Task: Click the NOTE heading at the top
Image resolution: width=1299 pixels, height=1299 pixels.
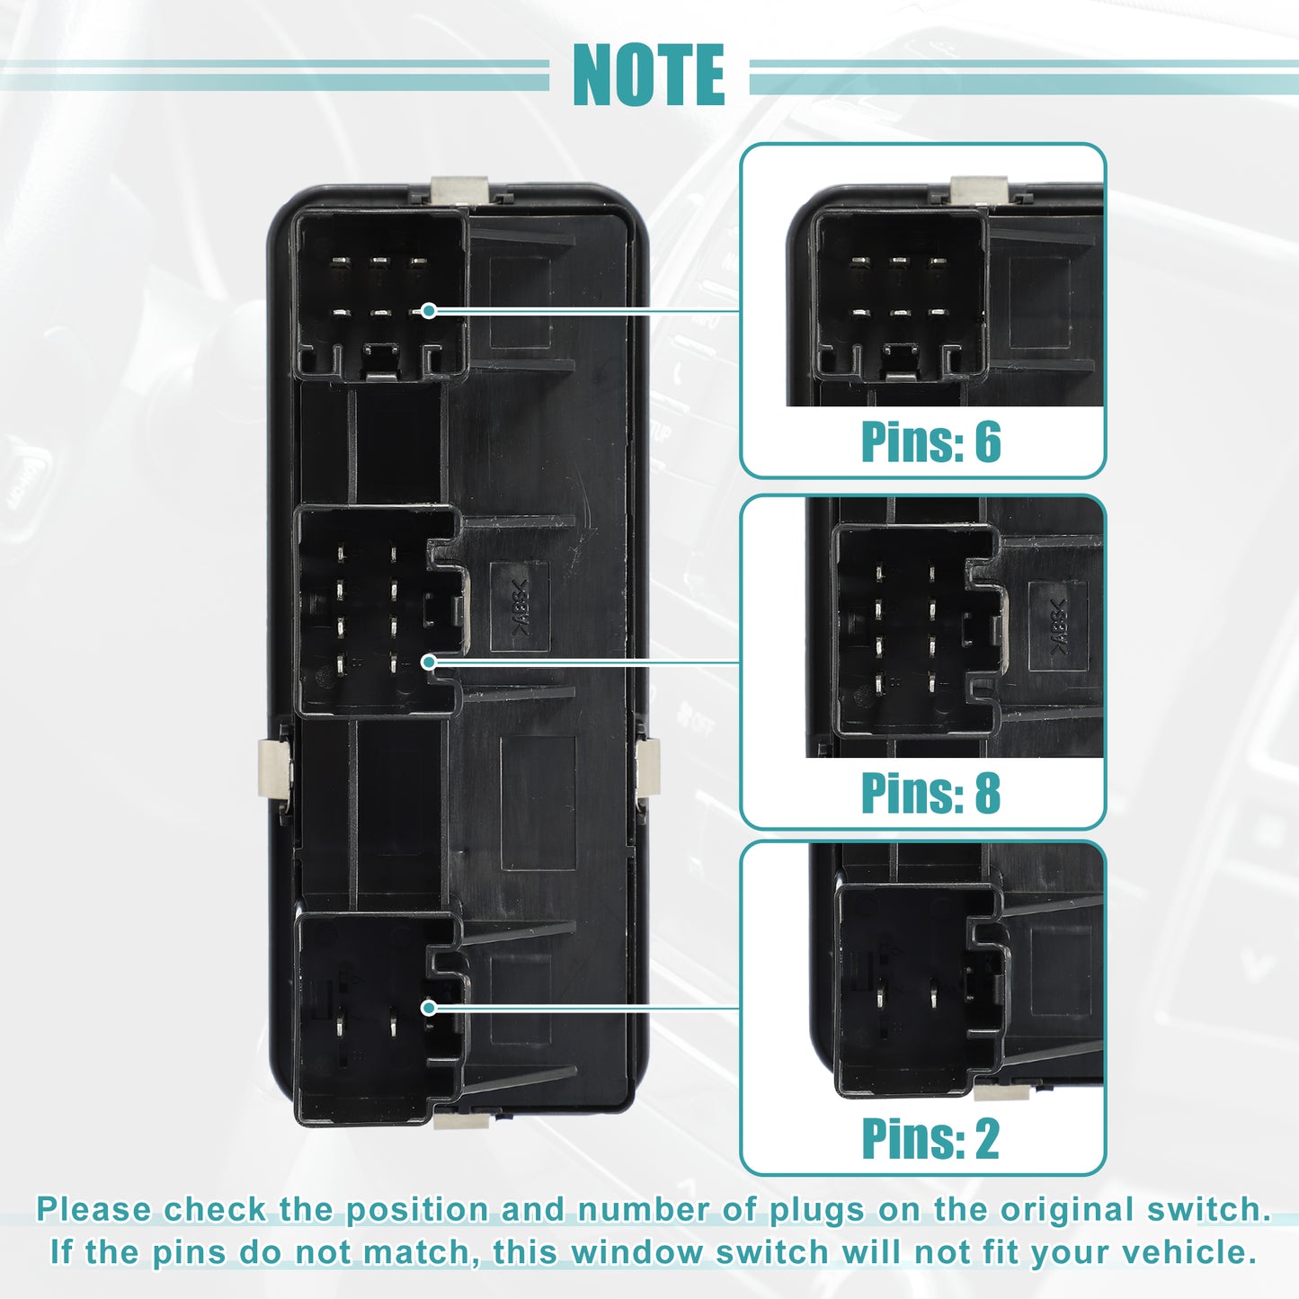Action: point(648,75)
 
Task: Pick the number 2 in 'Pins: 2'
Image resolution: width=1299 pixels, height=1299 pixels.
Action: point(987,1139)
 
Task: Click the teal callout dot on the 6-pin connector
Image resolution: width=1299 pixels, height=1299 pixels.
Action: point(429,311)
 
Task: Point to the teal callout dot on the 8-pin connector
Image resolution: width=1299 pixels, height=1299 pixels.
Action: point(429,662)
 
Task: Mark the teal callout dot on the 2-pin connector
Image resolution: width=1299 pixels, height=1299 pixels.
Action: point(429,1008)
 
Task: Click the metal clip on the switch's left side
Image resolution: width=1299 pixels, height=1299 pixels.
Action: point(274,767)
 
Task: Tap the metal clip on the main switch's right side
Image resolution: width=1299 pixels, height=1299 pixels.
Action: point(648,767)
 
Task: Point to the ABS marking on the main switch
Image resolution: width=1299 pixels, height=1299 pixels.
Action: point(520,606)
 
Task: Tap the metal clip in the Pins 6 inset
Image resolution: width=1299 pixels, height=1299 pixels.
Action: point(978,190)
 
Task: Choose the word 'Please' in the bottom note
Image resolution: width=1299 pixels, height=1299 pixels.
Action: point(93,1209)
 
